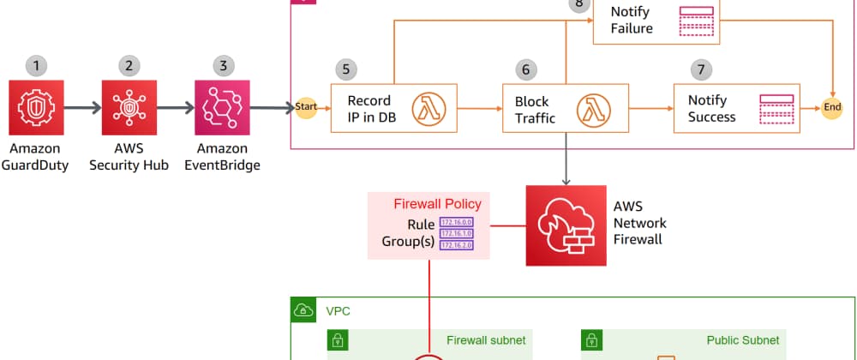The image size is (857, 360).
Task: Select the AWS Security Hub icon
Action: [128, 108]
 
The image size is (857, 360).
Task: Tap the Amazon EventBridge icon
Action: [222, 108]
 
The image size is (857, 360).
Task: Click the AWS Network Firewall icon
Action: [565, 225]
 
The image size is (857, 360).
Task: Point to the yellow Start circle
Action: [306, 107]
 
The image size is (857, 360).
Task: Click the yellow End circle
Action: [831, 107]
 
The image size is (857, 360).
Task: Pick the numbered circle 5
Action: [346, 69]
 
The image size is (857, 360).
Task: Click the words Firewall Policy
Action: [437, 204]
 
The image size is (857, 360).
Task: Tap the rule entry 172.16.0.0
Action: [455, 222]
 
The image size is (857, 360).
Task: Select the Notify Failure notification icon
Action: [695, 21]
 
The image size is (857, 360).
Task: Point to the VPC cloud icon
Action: [303, 310]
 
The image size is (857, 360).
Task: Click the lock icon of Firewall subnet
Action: [339, 340]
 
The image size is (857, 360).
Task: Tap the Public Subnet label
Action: [742, 340]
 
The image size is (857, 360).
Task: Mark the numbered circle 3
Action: [222, 65]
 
